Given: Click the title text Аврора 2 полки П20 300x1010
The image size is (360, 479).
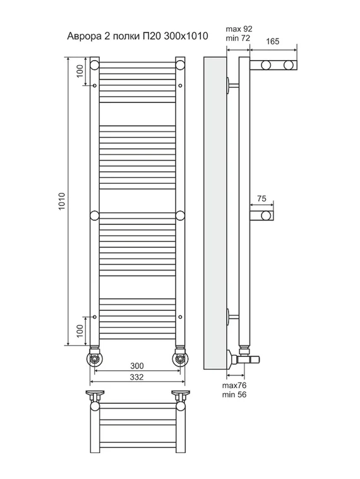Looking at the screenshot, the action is (138, 36).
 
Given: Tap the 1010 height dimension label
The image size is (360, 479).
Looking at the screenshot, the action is (62, 201).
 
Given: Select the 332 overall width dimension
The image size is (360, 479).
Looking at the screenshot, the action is (136, 377).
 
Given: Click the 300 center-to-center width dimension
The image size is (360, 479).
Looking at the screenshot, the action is (136, 366).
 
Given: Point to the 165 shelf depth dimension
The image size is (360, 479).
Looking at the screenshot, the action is (273, 41).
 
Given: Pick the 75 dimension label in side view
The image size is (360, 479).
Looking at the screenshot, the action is (261, 198).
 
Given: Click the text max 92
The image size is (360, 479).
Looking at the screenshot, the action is (239, 29).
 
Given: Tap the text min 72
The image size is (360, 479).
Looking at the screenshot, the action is (238, 38).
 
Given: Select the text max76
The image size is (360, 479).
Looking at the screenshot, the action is (234, 385).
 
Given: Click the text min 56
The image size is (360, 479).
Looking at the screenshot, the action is (234, 394).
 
